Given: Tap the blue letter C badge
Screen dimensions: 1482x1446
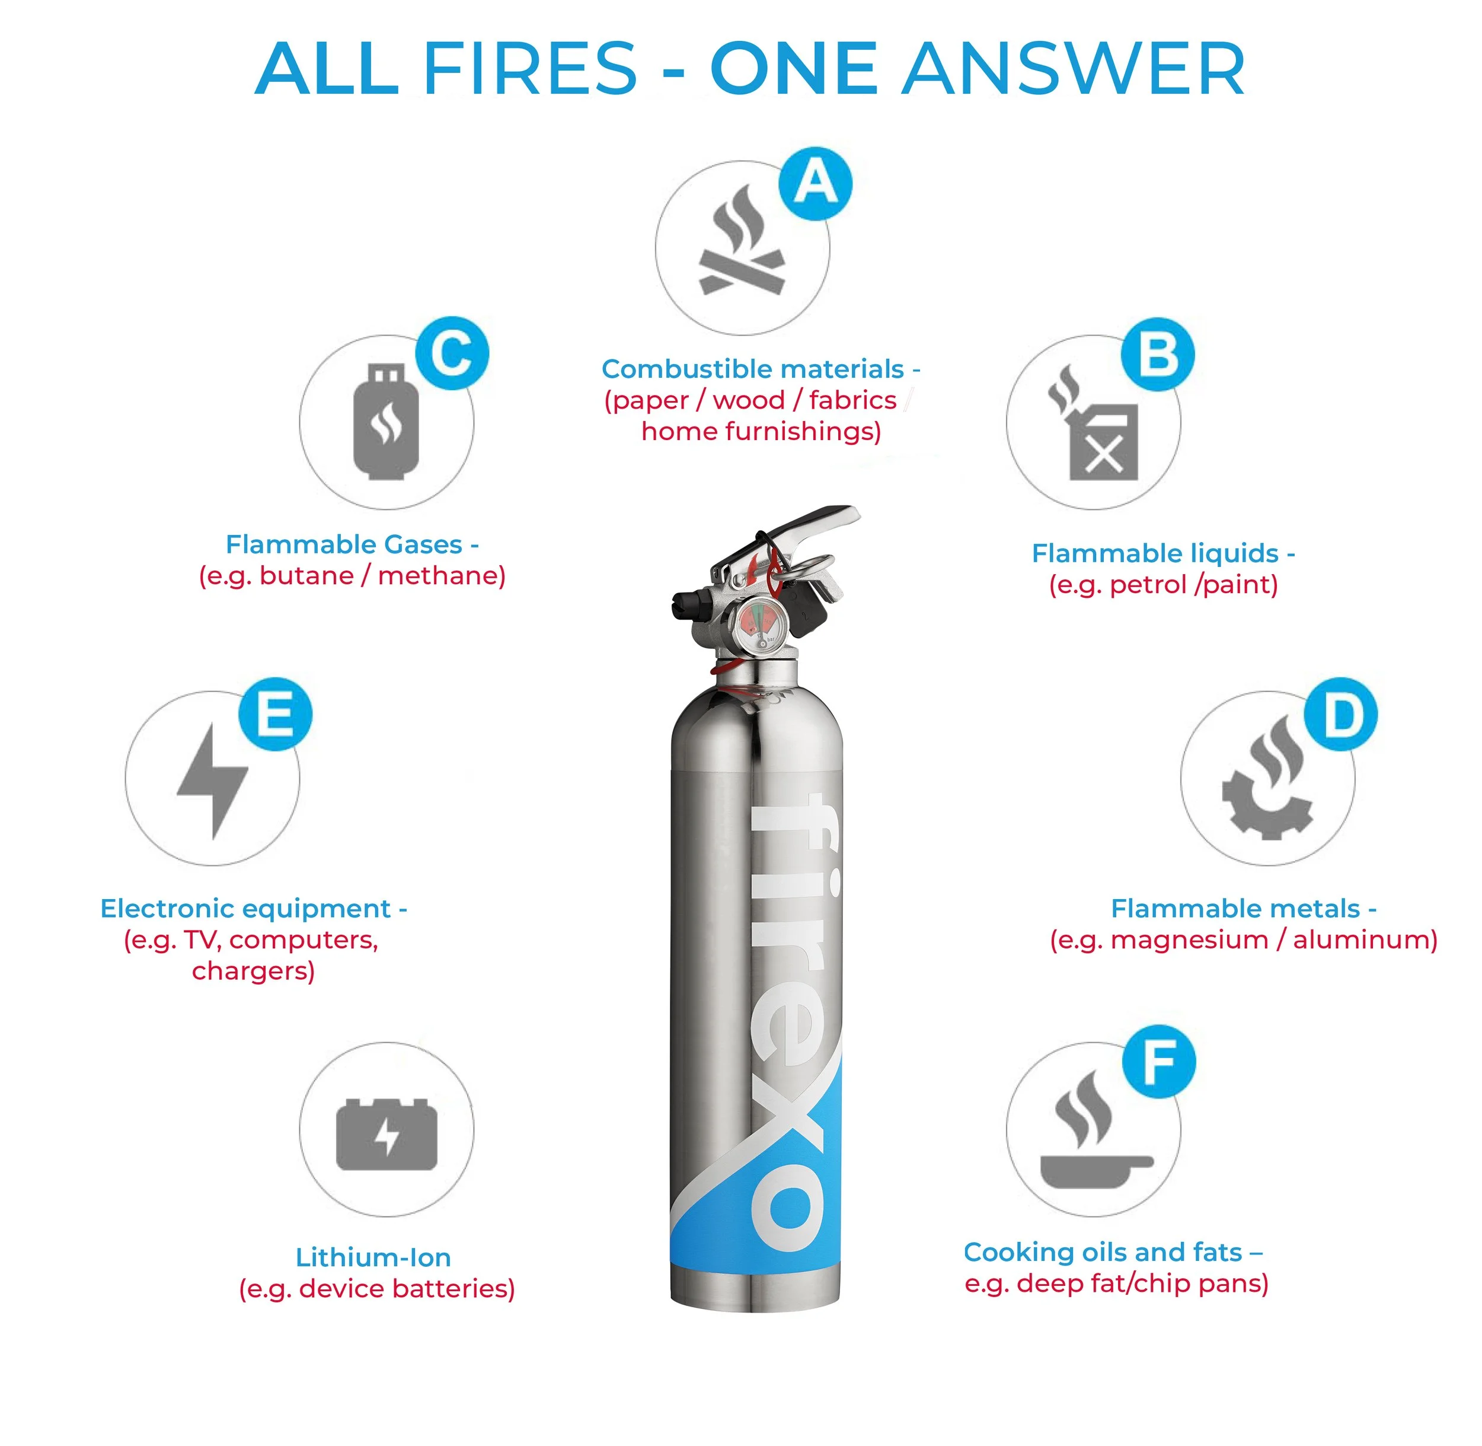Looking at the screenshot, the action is coord(452,353).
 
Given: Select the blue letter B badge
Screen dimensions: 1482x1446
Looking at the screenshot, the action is coord(1158,355).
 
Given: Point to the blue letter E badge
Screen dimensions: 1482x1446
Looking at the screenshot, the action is coord(276,715).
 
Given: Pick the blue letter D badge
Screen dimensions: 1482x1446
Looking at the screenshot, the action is coord(1342,715).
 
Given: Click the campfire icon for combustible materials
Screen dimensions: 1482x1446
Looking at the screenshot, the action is coord(742,240).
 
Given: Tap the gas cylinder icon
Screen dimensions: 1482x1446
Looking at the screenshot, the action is coord(387,422).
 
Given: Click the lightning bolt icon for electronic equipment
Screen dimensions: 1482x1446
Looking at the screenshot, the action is coord(213,781).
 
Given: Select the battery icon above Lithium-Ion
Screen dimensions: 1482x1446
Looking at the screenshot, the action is coord(387,1134).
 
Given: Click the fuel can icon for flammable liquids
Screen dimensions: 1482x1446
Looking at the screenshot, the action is coord(1094,422).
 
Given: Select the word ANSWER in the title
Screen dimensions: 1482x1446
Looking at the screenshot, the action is coord(1074,69).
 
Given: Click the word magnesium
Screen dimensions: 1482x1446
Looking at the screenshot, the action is coord(1190,940).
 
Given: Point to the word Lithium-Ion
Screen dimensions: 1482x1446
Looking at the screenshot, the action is coord(373,1257).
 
